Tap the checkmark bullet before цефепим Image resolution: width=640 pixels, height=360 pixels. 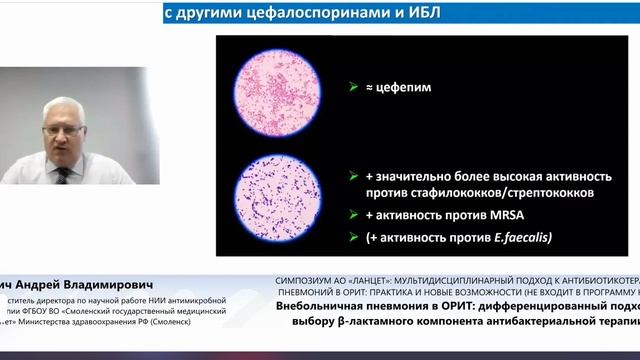coord(353,89)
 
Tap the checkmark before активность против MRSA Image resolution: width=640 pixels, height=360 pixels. coord(353,214)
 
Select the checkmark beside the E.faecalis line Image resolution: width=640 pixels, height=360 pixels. coord(353,236)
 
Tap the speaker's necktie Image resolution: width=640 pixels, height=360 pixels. coord(63,174)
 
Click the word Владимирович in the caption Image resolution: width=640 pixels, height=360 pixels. coord(126,283)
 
